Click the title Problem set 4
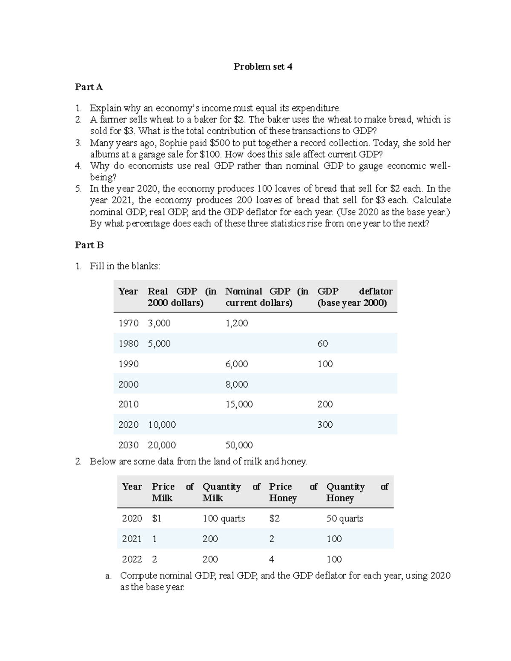tap(263, 66)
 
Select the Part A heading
tap(89, 87)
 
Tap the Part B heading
tap(89, 245)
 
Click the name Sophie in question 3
tap(172, 143)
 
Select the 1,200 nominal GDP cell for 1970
tap(236, 323)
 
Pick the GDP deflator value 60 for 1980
tap(322, 343)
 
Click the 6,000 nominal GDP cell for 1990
tap(236, 364)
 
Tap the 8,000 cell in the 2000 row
tap(236, 384)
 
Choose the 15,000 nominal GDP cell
tap(239, 404)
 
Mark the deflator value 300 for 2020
tap(325, 425)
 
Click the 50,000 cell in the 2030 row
tap(239, 445)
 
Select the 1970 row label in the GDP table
tap(128, 323)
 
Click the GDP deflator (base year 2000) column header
tap(354, 297)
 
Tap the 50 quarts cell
tap(344, 518)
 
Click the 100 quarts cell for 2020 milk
tap(224, 518)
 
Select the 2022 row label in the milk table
tap(132, 559)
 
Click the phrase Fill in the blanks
tap(125, 266)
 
